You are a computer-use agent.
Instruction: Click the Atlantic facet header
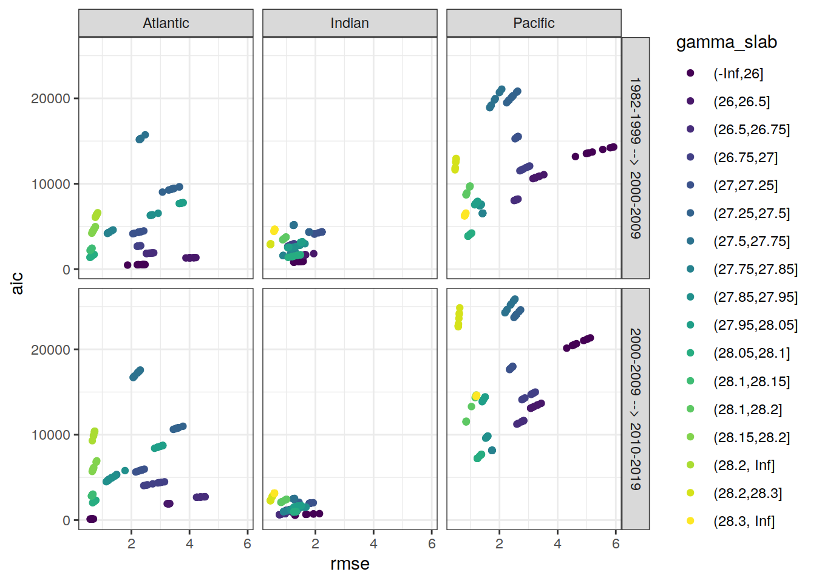166,23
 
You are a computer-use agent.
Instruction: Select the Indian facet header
350,23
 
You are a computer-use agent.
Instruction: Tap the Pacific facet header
534,23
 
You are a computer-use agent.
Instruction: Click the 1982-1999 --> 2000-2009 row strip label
635,158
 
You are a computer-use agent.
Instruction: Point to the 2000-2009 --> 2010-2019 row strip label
635,409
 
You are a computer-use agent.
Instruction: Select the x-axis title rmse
350,564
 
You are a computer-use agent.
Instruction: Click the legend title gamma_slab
726,42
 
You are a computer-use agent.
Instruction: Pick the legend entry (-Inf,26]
738,73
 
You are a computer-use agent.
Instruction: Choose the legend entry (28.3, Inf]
744,521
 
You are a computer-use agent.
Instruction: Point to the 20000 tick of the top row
50,98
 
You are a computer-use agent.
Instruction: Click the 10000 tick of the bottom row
50,435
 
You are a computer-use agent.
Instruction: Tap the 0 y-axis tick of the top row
66,270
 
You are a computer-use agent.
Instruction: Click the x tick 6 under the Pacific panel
616,544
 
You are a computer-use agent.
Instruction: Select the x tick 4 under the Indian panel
373,544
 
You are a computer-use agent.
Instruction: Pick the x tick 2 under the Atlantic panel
131,544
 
